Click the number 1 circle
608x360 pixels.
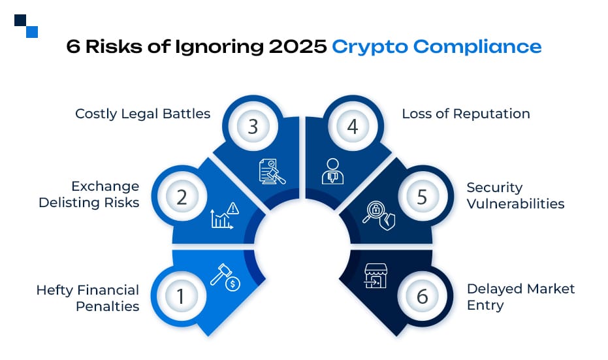tap(182, 297)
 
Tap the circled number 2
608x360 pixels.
tap(182, 197)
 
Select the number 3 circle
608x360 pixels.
tap(253, 127)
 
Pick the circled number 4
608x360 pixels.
tap(353, 127)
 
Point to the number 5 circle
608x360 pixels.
tap(422, 197)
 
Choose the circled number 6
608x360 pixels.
tap(422, 297)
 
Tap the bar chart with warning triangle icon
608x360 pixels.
tap(225, 216)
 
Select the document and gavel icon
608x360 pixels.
tap(272, 171)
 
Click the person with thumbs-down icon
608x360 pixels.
tap(332, 171)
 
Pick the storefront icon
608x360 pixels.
tap(376, 276)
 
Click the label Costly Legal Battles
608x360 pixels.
tap(142, 114)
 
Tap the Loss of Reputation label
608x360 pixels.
tap(466, 114)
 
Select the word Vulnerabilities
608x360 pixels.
tap(515, 203)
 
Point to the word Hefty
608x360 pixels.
tap(55, 290)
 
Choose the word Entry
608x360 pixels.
tap(485, 305)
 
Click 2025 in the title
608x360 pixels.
tap(298, 46)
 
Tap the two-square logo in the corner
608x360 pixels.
tap(26, 26)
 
